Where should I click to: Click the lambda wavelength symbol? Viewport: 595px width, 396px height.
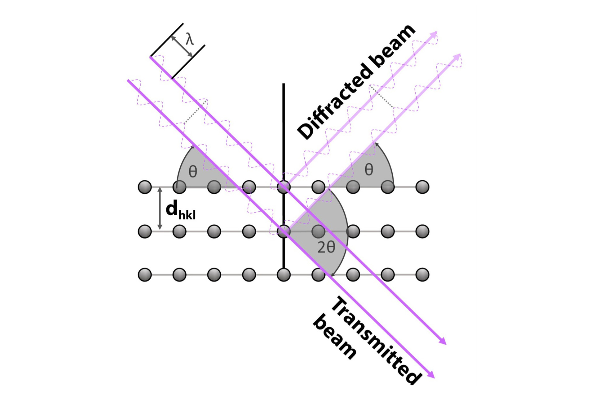click(190, 40)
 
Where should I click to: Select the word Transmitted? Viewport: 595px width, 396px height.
click(377, 340)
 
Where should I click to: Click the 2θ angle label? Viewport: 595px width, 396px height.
click(326, 247)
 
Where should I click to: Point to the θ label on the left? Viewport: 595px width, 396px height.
click(193, 171)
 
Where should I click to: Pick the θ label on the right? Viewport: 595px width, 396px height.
click(369, 170)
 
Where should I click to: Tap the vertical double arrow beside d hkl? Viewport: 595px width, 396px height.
click(160, 209)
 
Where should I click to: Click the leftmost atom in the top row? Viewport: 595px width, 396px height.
click(145, 187)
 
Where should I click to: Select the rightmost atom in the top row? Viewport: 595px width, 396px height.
click(422, 187)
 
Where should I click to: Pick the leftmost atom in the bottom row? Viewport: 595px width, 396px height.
click(145, 274)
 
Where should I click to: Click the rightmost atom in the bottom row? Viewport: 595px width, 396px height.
click(422, 274)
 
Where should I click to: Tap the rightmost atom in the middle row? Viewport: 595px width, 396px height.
click(422, 231)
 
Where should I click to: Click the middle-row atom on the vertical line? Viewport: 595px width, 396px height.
click(284, 231)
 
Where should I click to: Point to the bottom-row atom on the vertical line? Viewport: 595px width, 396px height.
click(284, 274)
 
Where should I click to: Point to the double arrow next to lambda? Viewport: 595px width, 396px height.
click(182, 46)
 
